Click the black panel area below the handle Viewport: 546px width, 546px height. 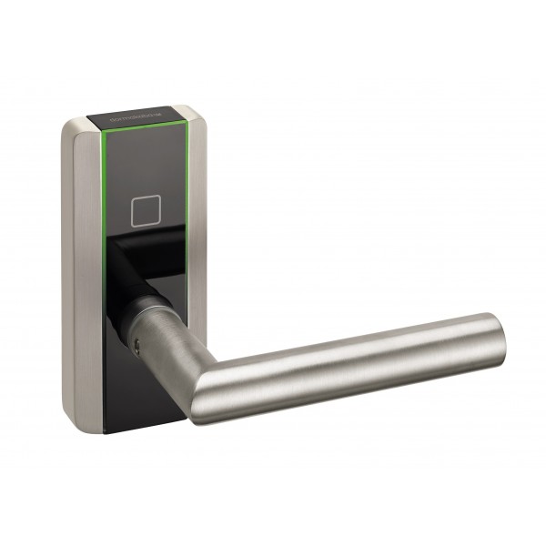click(146, 400)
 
